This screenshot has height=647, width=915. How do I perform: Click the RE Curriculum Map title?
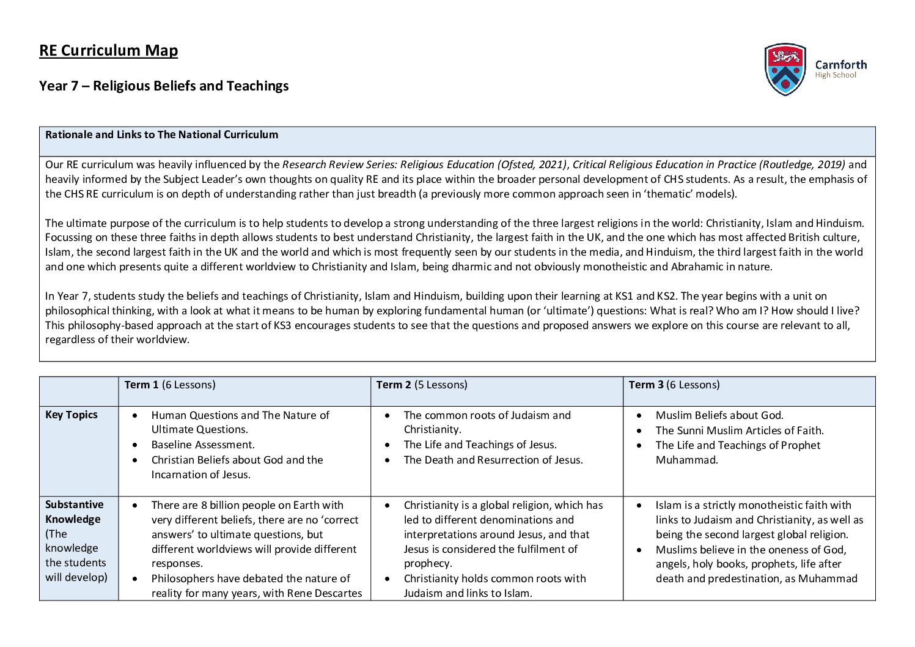tap(108, 50)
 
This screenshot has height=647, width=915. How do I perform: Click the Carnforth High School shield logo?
tap(785, 69)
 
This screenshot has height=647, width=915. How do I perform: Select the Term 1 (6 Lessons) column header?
tap(169, 385)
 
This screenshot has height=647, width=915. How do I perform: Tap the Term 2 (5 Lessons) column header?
tap(421, 385)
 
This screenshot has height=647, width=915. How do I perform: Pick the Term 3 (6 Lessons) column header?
tap(674, 385)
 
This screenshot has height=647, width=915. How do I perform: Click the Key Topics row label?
tap(71, 415)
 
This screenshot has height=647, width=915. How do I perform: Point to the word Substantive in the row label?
tap(74, 505)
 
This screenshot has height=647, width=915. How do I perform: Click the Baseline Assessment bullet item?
tap(202, 445)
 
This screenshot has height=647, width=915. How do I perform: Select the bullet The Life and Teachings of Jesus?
tap(480, 445)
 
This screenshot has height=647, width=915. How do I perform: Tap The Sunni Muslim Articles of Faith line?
tap(739, 431)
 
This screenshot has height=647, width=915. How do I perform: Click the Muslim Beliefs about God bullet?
tap(719, 415)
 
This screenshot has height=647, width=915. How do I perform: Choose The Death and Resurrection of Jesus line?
tap(493, 460)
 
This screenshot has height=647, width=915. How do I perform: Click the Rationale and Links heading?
tap(161, 135)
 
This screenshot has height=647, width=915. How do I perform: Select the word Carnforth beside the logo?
tap(840, 64)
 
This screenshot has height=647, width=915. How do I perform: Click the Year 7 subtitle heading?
tap(164, 86)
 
